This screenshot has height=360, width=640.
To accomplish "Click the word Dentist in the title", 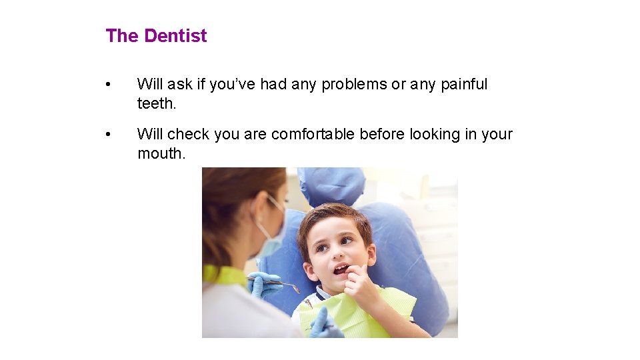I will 175,36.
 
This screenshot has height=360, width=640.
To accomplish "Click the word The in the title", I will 122,36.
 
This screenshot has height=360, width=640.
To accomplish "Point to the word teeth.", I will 155,103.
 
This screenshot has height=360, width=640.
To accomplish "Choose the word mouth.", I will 161,153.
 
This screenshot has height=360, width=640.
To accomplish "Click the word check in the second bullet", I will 188,134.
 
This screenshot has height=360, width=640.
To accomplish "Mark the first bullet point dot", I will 109,85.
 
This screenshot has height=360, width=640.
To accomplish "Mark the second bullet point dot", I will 109,135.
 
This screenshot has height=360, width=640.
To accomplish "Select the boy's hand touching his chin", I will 360,287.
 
